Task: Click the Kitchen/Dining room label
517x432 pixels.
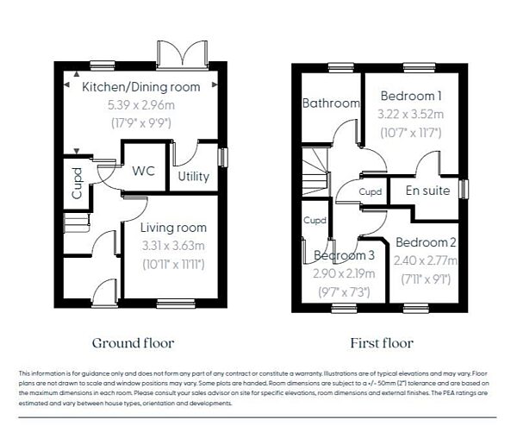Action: point(140,87)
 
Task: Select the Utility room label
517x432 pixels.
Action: point(193,177)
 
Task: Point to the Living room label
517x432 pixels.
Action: point(174,228)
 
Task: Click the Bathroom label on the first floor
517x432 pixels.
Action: point(330,103)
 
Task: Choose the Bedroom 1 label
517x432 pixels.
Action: point(411,96)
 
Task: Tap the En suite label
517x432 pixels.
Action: point(428,191)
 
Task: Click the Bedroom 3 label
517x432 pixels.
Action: point(344,255)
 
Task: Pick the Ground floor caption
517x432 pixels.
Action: point(133,343)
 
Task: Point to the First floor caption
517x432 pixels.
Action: point(382,343)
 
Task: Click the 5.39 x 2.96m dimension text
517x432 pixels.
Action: point(140,104)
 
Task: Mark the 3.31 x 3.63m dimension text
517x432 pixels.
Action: point(174,246)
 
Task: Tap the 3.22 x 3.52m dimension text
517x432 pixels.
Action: point(411,114)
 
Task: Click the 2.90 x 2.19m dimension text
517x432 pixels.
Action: point(344,273)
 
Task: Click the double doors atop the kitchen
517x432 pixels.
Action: point(181,53)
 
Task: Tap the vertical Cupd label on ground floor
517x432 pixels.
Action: point(77,188)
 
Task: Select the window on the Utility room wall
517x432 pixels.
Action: point(222,159)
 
